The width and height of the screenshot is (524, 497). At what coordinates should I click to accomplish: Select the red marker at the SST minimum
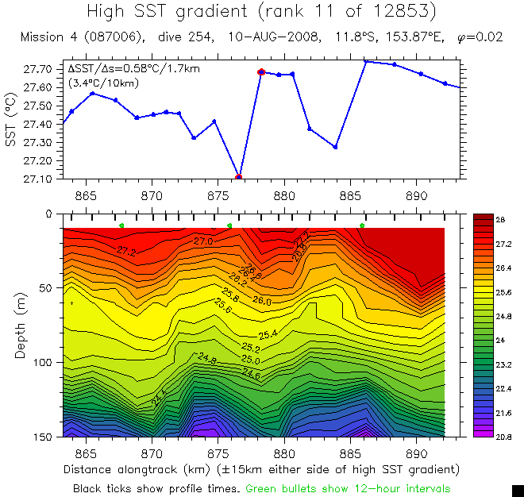238,177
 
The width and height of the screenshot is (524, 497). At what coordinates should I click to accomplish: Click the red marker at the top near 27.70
260,71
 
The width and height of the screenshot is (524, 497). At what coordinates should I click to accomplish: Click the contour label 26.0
261,302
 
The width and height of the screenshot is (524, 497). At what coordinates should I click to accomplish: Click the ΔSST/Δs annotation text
133,69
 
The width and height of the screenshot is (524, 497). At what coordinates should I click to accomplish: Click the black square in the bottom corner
518,491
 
